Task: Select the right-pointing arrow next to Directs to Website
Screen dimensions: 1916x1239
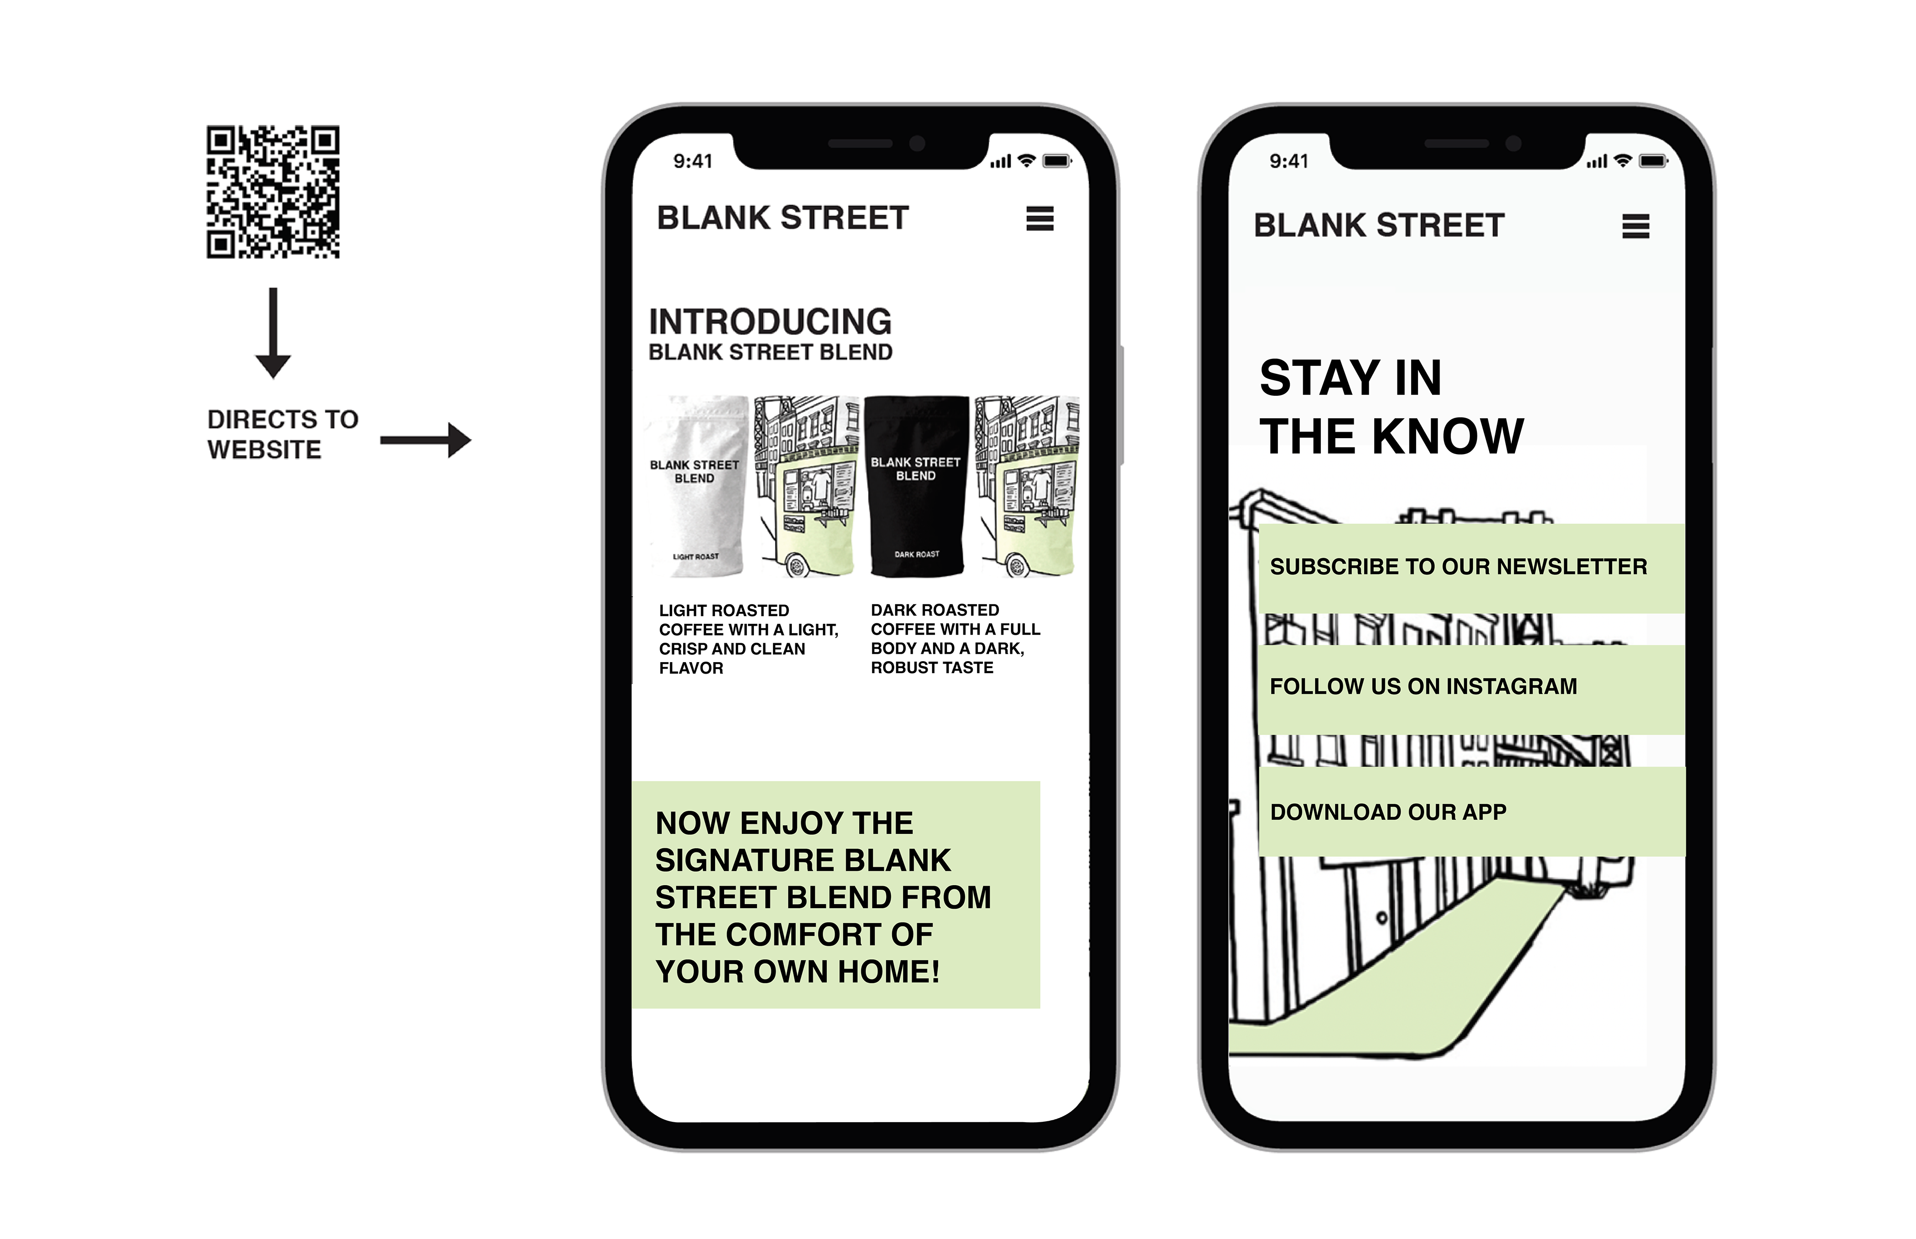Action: tap(426, 440)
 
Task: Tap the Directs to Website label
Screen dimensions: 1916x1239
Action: tap(281, 435)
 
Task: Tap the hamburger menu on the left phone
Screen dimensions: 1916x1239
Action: tap(1039, 218)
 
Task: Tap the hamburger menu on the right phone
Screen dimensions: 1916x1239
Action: tap(1635, 226)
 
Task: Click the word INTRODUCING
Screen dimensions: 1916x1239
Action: tap(770, 322)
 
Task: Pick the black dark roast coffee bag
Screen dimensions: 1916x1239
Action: tap(916, 486)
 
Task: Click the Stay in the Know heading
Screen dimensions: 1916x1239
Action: tap(1391, 407)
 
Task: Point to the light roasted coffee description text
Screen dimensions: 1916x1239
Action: tap(748, 639)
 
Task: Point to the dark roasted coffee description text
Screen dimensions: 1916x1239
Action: tap(955, 639)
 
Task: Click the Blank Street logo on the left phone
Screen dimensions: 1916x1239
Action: tap(783, 218)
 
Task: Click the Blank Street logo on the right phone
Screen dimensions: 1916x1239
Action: tap(1379, 225)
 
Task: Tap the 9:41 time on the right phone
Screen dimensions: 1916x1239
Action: tap(1289, 161)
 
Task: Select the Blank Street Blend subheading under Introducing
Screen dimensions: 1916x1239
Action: tap(770, 352)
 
